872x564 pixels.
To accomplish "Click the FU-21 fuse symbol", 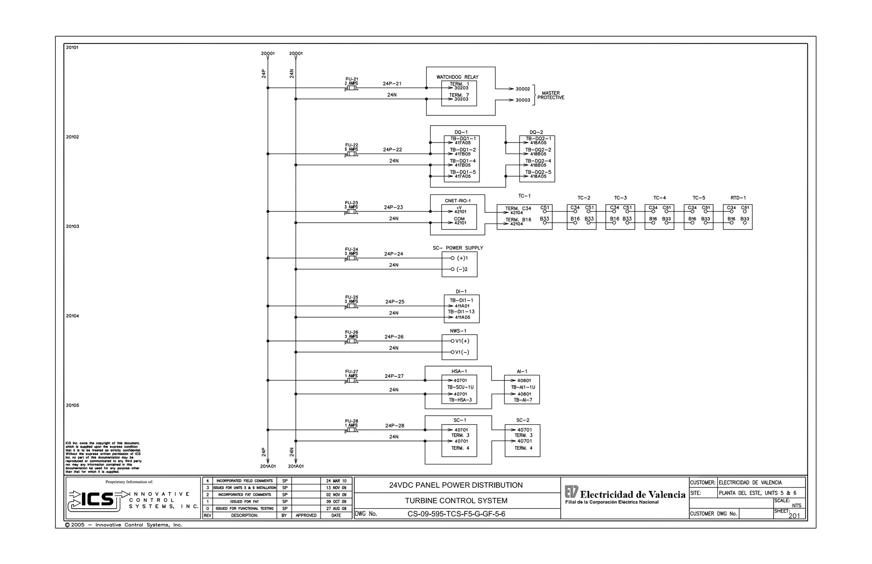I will click(x=352, y=88).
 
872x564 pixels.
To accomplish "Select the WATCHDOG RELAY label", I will click(x=457, y=77).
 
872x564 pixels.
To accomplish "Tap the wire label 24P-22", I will click(x=392, y=150).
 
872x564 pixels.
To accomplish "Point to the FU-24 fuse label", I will click(x=352, y=249).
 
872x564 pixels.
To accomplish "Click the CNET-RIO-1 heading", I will click(x=458, y=201).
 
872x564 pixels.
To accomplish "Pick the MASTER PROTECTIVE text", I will click(x=551, y=95).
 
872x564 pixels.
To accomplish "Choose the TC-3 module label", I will click(x=620, y=198).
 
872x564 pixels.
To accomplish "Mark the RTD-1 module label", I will click(x=738, y=198).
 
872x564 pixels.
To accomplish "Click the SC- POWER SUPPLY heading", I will click(x=458, y=248).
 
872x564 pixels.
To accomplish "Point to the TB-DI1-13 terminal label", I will click(x=461, y=312).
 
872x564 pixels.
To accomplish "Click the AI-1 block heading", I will click(x=522, y=372).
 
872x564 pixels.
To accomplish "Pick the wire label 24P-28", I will click(x=395, y=426).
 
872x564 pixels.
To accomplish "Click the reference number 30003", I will click(x=523, y=100).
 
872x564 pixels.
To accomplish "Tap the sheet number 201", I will click(x=794, y=515).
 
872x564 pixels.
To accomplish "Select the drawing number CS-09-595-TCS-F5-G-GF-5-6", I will click(x=456, y=514).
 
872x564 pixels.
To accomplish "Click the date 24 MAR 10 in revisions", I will click(x=336, y=481).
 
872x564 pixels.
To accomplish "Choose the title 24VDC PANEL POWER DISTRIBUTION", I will click(x=456, y=485).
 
